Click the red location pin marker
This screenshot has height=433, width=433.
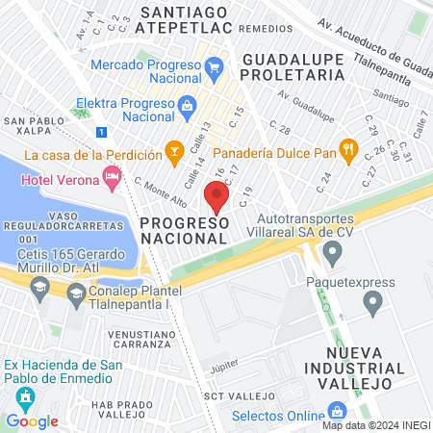216,197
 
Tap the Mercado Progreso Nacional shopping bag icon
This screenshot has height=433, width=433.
214,66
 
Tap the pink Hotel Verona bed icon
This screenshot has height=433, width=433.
113,176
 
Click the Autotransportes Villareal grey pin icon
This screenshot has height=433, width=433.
333,255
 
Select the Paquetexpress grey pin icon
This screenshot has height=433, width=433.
373,305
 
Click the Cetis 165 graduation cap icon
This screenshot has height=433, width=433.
39,286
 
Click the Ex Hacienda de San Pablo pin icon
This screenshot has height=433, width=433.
13,393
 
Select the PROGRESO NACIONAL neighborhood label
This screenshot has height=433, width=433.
184,231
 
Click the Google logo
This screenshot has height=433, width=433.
32,420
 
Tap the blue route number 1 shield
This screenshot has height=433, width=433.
101,132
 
